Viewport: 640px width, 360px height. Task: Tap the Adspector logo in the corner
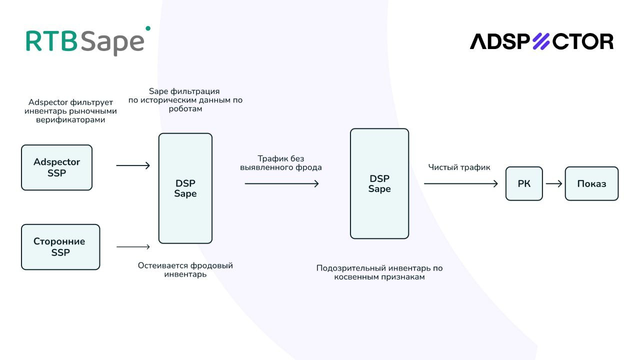pos(541,41)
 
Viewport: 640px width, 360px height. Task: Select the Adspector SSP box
pos(56,167)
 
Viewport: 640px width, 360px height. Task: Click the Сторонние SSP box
pos(60,247)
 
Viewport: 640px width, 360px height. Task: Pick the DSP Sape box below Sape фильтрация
pos(185,188)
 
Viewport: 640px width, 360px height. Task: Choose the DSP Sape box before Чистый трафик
pos(379,183)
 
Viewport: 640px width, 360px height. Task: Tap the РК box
pos(524,183)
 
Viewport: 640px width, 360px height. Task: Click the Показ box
pos(591,183)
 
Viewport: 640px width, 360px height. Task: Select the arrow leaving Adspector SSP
pos(133,165)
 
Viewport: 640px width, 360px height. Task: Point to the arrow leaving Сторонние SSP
pos(133,246)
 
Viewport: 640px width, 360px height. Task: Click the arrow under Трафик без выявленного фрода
pos(281,183)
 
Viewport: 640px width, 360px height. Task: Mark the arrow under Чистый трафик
pos(461,183)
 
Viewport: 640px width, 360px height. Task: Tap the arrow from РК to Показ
pos(554,183)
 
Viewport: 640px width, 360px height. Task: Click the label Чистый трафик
pos(459,167)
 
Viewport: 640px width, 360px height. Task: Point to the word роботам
pos(185,108)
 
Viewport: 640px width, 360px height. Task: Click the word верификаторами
pos(70,120)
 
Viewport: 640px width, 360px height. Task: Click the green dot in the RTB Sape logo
pos(147,28)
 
